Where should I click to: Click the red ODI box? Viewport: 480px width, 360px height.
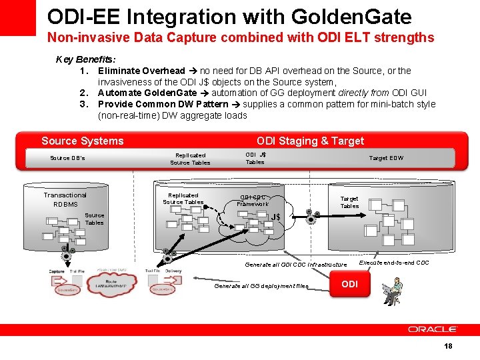[350, 284]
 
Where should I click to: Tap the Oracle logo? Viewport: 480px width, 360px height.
[432, 329]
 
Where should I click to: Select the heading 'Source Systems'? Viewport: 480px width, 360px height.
[83, 141]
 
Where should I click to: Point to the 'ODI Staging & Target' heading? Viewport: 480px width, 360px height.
[310, 141]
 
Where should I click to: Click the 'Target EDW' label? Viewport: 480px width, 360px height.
[387, 158]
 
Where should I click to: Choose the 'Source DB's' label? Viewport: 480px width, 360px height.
[67, 158]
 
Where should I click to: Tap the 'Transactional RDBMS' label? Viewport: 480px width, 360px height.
[65, 199]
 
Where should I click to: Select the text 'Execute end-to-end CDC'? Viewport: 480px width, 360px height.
[394, 263]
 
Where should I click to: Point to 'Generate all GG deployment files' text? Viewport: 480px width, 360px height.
[261, 286]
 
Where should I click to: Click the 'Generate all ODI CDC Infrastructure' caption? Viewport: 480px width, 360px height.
[296, 265]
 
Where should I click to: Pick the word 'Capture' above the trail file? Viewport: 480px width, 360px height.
[57, 271]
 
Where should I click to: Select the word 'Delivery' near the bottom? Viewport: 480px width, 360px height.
[173, 271]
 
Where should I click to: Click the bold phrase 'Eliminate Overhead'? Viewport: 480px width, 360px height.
[141, 71]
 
